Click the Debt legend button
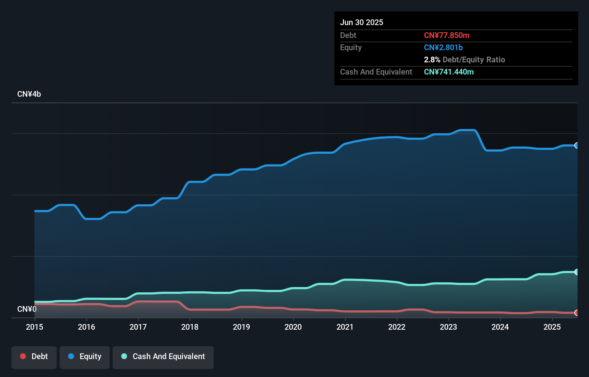pos(34,357)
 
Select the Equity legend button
pos(85,357)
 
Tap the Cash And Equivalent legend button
pos(163,357)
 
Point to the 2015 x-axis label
pos(34,327)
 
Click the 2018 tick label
pos(190,327)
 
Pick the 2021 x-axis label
pos(345,327)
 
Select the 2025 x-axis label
pos(552,327)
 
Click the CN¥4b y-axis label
pos(29,94)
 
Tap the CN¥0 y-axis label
pos(27,309)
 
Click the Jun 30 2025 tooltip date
pos(362,22)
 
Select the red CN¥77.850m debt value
pos(447,35)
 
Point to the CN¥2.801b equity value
pos(443,47)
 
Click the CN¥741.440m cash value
pos(449,72)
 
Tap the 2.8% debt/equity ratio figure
pos(432,59)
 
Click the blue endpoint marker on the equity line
pos(576,145)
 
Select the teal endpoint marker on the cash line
pos(576,272)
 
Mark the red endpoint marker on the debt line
pos(576,313)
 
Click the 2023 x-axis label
pos(448,327)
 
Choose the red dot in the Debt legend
pos(23,356)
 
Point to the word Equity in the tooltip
pos(351,47)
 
